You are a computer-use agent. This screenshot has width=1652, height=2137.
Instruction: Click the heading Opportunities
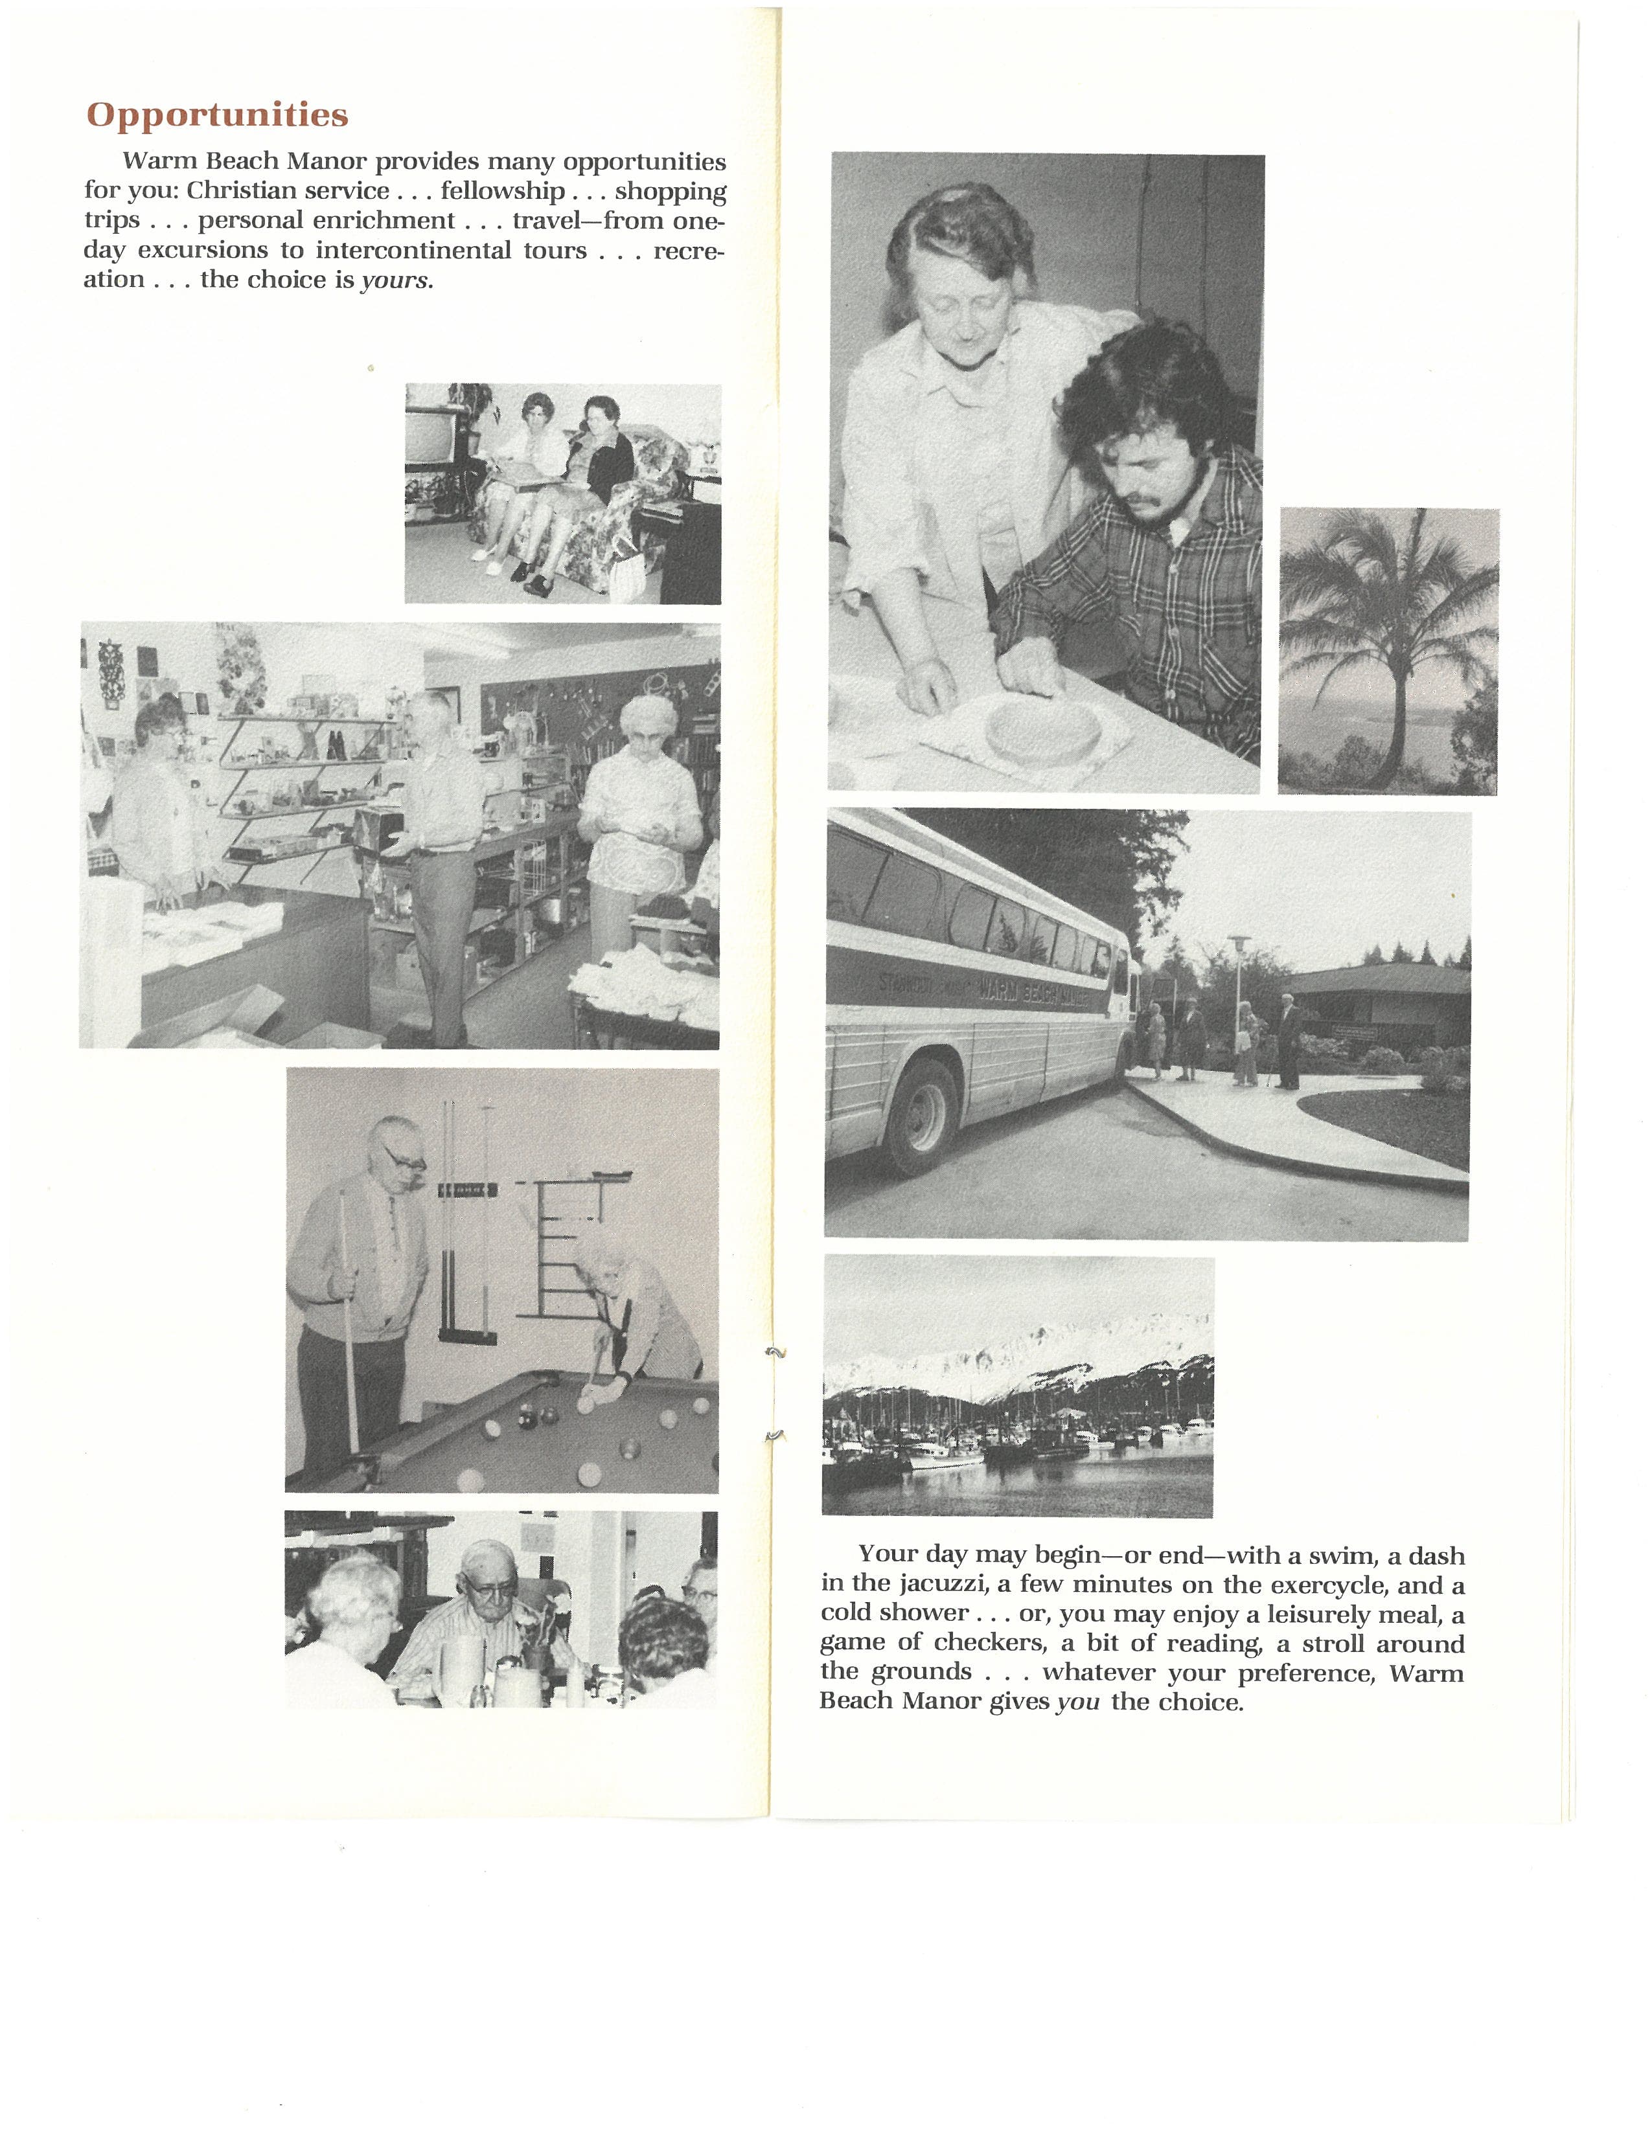[x=217, y=115]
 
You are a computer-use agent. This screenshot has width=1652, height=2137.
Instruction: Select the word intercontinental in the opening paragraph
[x=413, y=251]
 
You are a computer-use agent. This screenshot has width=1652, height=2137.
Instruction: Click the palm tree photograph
[x=1388, y=651]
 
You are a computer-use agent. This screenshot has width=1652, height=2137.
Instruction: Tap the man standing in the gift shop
[x=441, y=861]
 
